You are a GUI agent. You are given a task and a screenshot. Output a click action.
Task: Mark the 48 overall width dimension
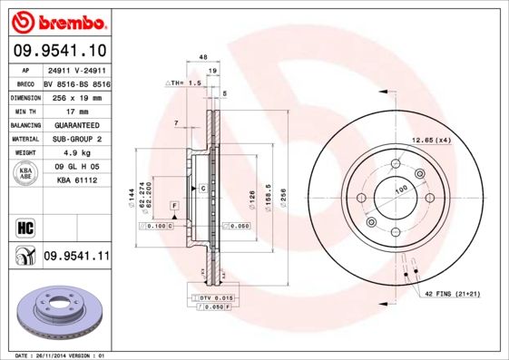coord(203,56)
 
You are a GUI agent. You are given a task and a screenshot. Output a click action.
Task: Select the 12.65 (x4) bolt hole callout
coord(432,140)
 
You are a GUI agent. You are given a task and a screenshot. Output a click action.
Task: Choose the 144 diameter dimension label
coord(132,192)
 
